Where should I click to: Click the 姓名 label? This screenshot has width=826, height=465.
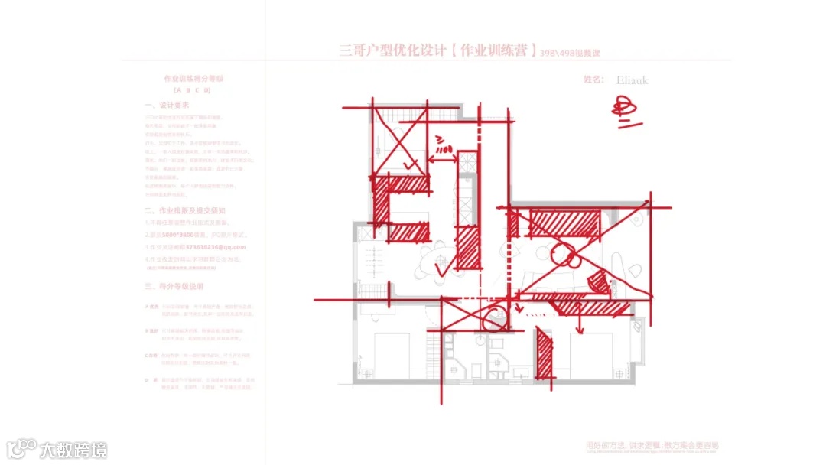pos(594,80)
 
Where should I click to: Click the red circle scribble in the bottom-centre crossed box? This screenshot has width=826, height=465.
pos(494,316)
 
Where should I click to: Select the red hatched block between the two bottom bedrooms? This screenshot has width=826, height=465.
pos(544,353)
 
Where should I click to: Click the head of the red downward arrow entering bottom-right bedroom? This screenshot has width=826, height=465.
pos(579,330)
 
